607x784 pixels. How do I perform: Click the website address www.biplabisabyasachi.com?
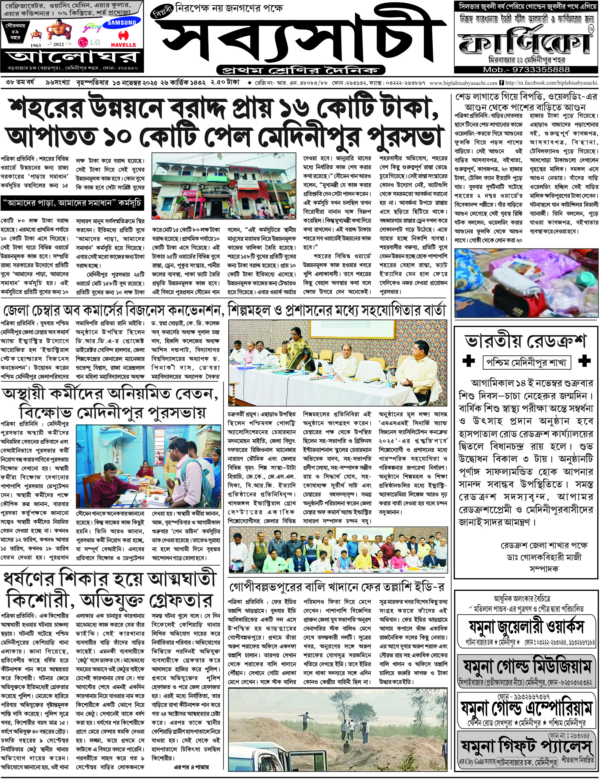463,83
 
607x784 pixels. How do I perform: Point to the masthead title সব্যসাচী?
301,40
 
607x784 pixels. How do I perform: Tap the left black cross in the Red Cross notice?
468,361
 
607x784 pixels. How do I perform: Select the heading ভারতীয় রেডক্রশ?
526,341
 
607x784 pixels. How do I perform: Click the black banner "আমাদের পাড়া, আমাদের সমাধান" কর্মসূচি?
72,203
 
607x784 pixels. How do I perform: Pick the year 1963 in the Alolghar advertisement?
36,45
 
